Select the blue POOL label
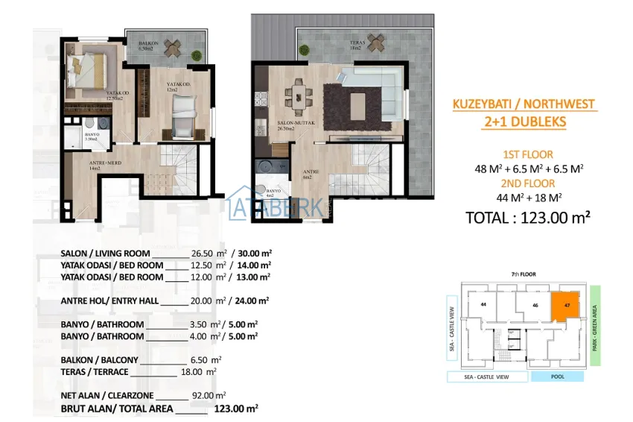pos(556,377)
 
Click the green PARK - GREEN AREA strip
pos(595,324)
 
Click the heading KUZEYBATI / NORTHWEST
pos(524,105)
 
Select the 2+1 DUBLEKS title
pos(524,122)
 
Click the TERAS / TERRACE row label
pos(95,372)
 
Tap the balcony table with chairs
pos(171,48)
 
